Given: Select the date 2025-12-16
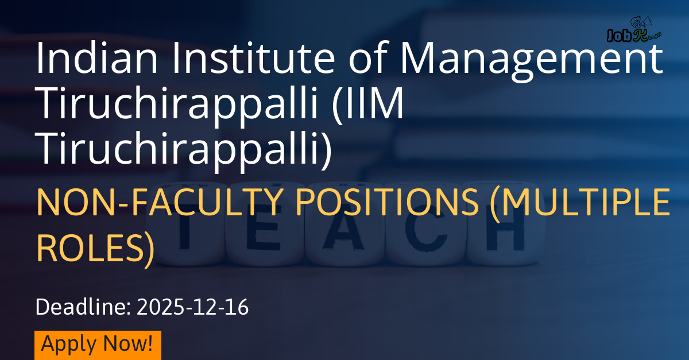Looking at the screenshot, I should (192, 307).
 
